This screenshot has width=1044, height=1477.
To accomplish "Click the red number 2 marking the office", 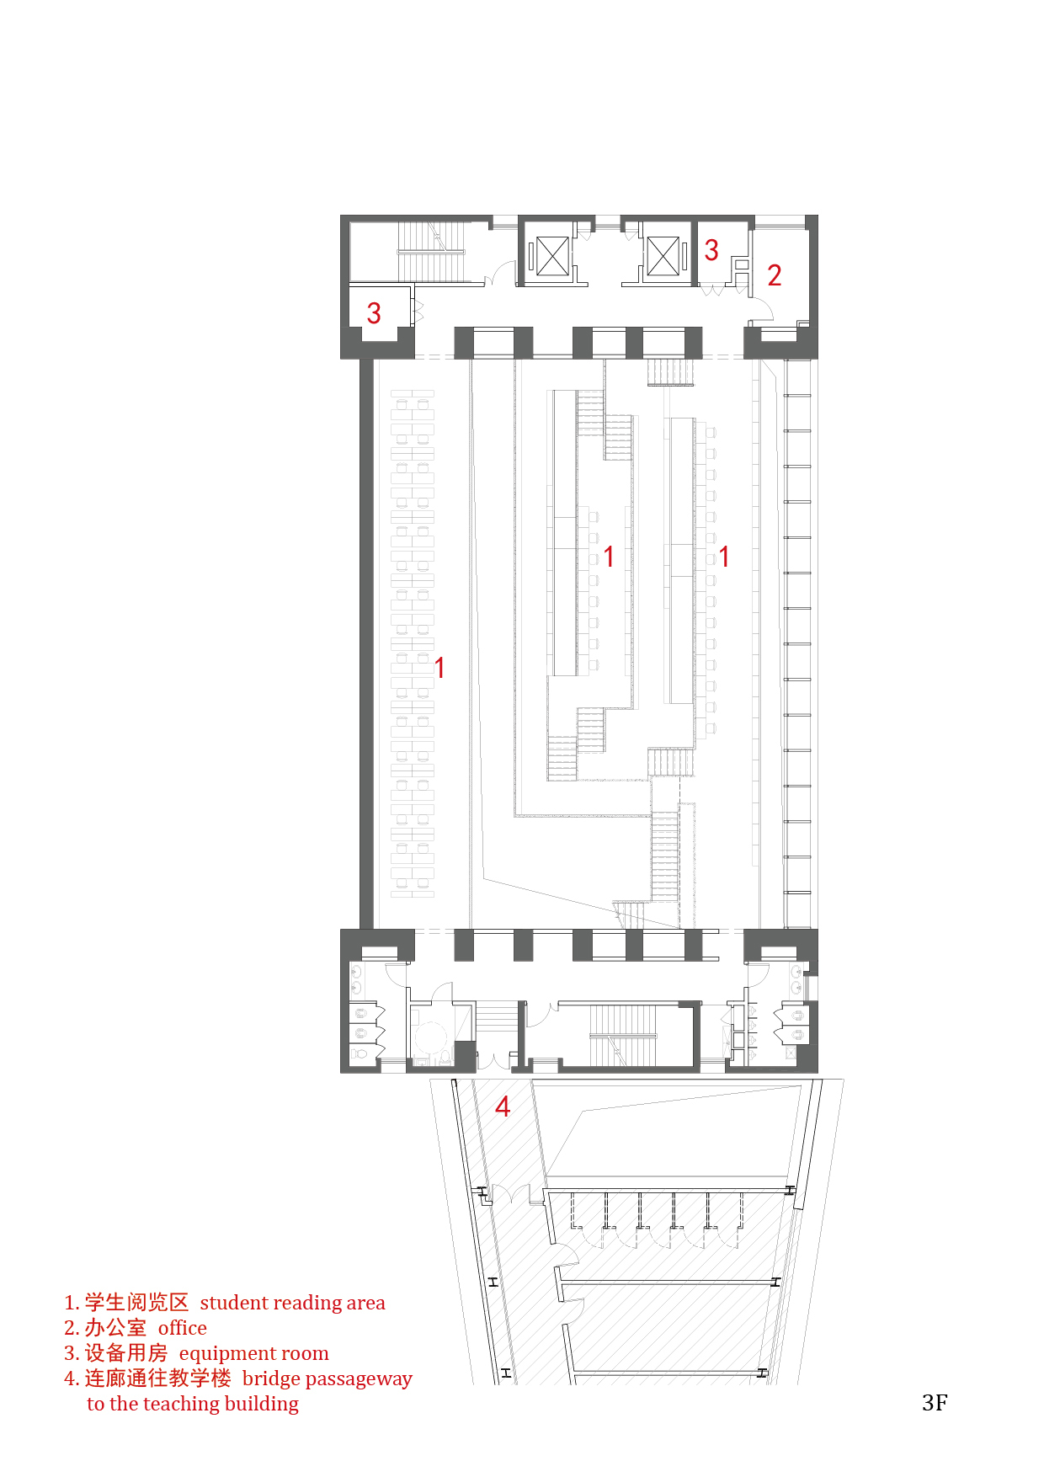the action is [775, 275].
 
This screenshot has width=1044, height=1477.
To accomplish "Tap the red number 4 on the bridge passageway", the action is [503, 1106].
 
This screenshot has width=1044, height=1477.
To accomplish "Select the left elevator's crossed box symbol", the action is [552, 256].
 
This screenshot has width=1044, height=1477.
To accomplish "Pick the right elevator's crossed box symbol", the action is [663, 256].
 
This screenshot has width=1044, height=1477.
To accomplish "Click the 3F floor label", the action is [935, 1403].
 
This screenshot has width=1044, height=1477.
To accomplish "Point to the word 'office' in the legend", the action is [183, 1328].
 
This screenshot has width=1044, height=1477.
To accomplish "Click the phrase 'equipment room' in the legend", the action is [253, 1353].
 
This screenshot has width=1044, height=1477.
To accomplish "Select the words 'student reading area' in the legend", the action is [292, 1303].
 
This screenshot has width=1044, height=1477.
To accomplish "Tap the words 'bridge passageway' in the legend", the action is [328, 1379].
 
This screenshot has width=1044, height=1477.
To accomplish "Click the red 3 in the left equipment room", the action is [374, 314].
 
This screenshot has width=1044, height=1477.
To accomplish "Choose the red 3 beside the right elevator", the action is [711, 249].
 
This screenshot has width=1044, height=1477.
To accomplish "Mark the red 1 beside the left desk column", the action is [439, 668].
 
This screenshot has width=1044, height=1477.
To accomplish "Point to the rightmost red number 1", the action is [723, 557].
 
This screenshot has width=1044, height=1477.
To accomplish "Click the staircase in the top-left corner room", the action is [431, 251].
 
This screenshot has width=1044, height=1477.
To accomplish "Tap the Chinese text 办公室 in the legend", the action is [115, 1328].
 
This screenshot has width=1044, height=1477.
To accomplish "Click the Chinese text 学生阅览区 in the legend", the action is [136, 1303].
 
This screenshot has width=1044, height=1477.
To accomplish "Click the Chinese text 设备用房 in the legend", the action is [126, 1353].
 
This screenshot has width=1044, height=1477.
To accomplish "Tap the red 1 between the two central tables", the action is [608, 557].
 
